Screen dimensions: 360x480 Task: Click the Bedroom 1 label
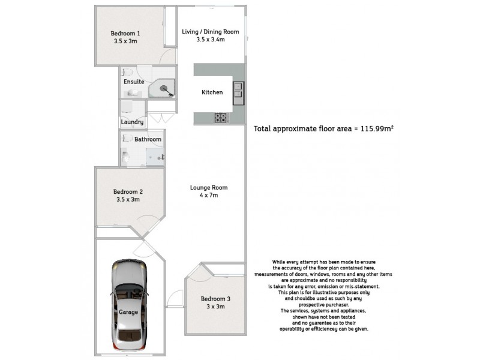pyautogui.click(x=125, y=33)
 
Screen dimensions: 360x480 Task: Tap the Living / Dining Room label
pyautogui.click(x=211, y=32)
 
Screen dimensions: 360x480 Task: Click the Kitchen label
pyautogui.click(x=212, y=92)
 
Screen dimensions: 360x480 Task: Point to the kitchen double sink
pyautogui.click(x=238, y=89)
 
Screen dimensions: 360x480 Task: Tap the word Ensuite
pyautogui.click(x=133, y=82)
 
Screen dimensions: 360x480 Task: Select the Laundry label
pyautogui.click(x=132, y=122)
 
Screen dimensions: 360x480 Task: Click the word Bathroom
pyautogui.click(x=148, y=139)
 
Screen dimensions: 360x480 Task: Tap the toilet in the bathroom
pyautogui.click(x=125, y=158)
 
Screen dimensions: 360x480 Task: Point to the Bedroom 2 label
pyautogui.click(x=128, y=192)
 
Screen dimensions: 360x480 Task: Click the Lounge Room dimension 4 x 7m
pyautogui.click(x=209, y=195)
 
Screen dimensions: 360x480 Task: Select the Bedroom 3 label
pyautogui.click(x=215, y=299)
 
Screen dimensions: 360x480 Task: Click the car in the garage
pyautogui.click(x=128, y=307)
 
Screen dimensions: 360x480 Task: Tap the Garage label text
pyautogui.click(x=128, y=313)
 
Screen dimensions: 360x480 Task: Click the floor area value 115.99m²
pyautogui.click(x=374, y=128)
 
